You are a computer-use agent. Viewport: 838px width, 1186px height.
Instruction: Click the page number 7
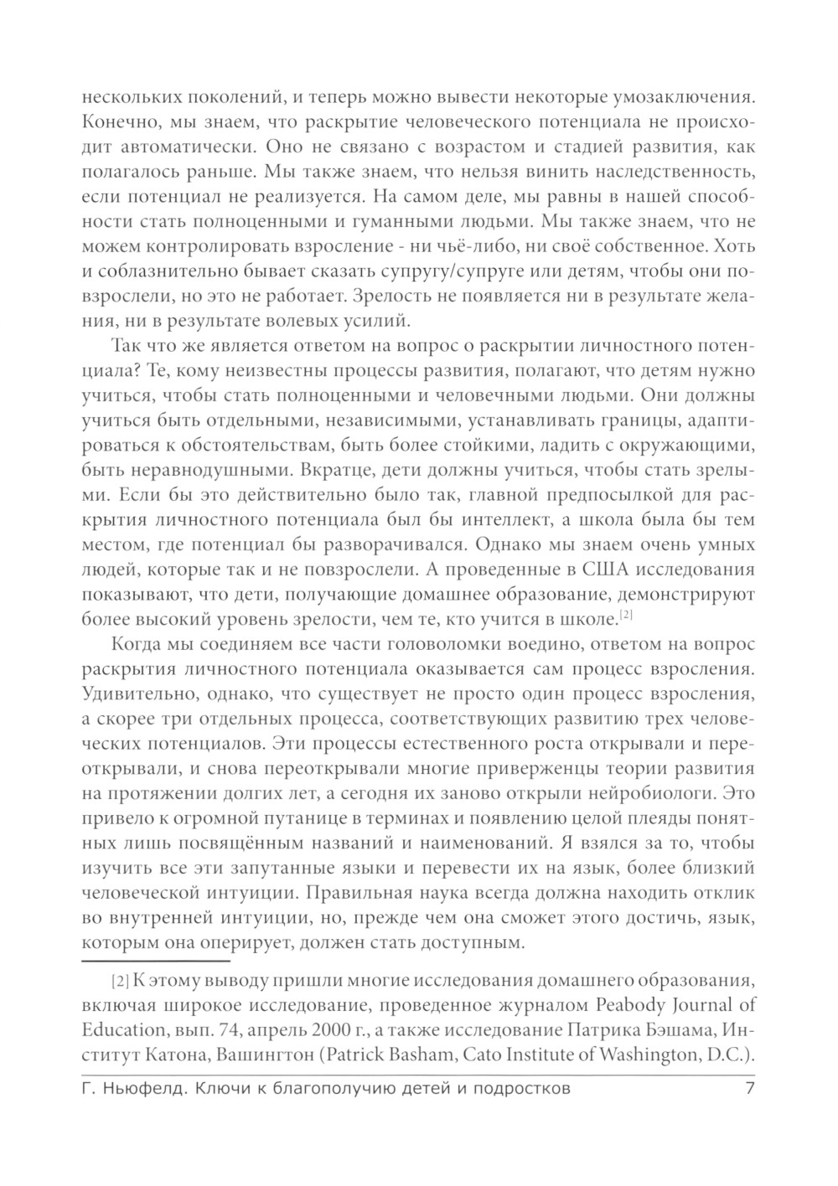[x=750, y=1090]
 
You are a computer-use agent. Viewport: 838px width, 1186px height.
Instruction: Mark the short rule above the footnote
[x=154, y=962]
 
